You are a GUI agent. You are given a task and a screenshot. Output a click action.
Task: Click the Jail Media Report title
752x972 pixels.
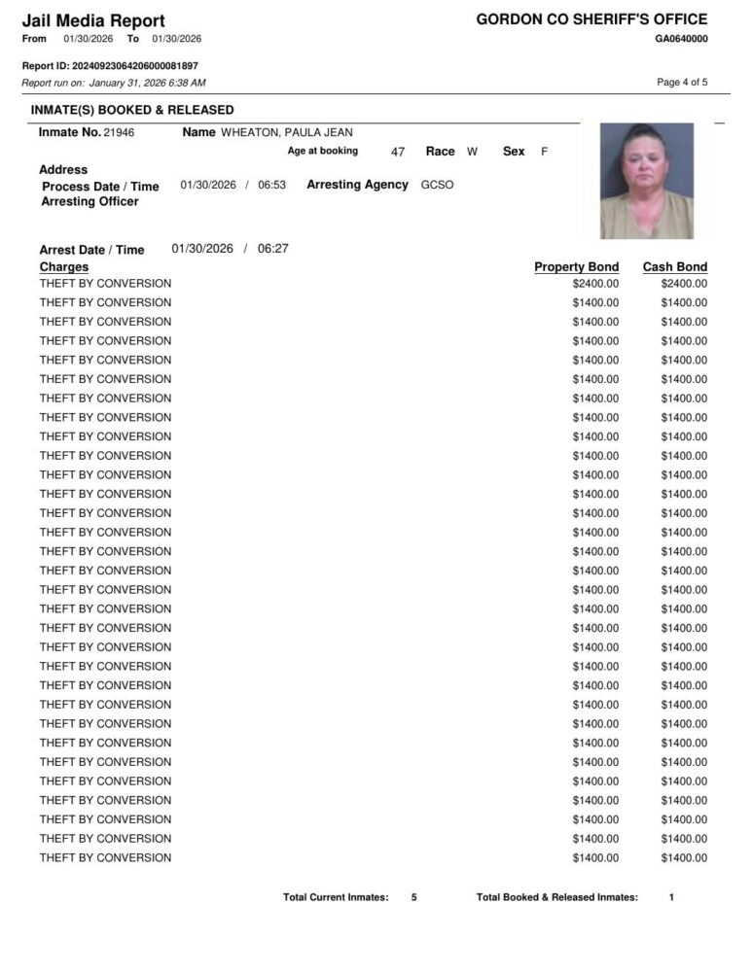(93, 20)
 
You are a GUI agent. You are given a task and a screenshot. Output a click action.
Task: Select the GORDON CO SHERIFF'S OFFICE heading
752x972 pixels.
(591, 19)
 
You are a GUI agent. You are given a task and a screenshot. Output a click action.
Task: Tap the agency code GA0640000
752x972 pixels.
(681, 39)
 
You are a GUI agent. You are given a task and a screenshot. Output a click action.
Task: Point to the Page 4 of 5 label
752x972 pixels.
(682, 83)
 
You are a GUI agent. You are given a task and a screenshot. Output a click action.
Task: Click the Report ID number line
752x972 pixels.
(110, 66)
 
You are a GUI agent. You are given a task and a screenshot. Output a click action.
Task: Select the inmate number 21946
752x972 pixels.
(119, 132)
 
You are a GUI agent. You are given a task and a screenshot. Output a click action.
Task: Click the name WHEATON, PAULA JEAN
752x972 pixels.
(287, 132)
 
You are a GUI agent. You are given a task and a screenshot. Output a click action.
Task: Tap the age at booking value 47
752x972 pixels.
(397, 153)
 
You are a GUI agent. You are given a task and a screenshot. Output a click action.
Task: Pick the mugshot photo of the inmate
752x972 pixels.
(647, 181)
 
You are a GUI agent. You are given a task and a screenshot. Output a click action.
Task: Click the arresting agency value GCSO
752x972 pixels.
(437, 185)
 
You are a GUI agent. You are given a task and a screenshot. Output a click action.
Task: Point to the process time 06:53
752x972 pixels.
(271, 185)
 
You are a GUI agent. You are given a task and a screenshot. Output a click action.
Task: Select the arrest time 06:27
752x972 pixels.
(273, 249)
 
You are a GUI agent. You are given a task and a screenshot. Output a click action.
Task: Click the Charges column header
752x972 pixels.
(64, 267)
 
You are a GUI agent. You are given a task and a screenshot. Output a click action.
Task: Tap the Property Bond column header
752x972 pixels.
(576, 267)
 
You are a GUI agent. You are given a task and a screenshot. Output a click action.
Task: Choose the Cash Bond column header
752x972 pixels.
(674, 267)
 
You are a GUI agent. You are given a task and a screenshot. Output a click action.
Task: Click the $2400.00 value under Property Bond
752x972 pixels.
(595, 284)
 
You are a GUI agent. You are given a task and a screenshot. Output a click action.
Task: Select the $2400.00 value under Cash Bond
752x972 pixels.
(684, 284)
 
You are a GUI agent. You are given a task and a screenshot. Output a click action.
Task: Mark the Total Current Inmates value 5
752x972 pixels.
(413, 897)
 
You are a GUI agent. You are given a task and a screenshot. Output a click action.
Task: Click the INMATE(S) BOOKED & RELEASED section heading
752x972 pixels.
(132, 110)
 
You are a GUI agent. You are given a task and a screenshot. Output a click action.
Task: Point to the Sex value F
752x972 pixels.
(544, 153)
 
